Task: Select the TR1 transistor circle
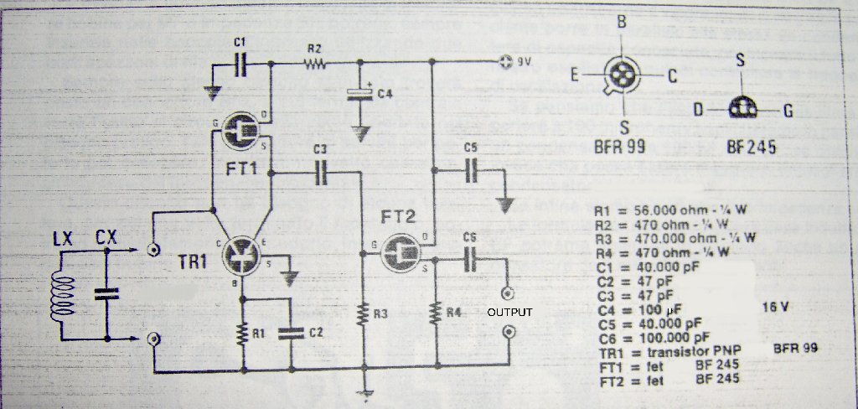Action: click(x=242, y=255)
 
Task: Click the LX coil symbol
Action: click(x=59, y=294)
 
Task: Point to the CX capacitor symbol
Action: click(x=107, y=293)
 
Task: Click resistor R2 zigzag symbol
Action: click(x=314, y=63)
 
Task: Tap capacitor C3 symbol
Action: click(x=322, y=173)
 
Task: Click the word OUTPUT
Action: click(x=509, y=312)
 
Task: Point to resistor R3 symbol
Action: click(x=364, y=314)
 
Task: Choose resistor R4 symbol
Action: click(x=436, y=314)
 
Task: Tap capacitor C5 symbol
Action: click(x=470, y=173)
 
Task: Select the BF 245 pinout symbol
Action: click(x=741, y=108)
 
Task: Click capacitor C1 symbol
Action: click(x=240, y=65)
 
